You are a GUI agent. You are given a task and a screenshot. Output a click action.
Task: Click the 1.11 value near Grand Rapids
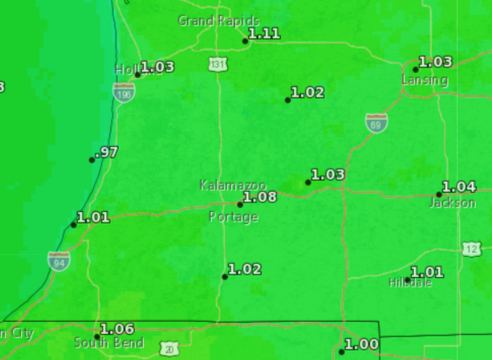pyautogui.click(x=264, y=33)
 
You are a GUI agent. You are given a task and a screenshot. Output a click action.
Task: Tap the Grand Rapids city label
pyautogui.click(x=218, y=20)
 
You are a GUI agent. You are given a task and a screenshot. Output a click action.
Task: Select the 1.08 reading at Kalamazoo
pyautogui.click(x=260, y=197)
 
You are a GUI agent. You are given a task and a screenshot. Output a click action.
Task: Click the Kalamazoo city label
pyautogui.click(x=233, y=185)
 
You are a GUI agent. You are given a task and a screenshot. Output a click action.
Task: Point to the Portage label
pyautogui.click(x=233, y=217)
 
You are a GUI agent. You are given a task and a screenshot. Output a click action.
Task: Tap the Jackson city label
pyautogui.click(x=452, y=202)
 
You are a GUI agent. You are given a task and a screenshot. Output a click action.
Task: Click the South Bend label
pyautogui.click(x=109, y=342)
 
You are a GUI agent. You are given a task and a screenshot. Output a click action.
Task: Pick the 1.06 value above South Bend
pyautogui.click(x=117, y=328)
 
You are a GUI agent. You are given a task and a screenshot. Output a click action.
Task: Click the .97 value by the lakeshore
pyautogui.click(x=106, y=152)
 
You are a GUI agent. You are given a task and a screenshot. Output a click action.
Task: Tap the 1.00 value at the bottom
pyautogui.click(x=361, y=345)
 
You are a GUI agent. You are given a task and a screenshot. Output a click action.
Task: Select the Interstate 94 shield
pyautogui.click(x=58, y=260)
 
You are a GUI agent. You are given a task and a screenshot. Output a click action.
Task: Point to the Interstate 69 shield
pyautogui.click(x=376, y=123)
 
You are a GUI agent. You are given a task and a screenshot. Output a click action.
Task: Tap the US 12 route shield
pyautogui.click(x=473, y=249)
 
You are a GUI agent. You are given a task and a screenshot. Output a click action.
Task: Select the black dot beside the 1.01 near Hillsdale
pyautogui.click(x=408, y=280)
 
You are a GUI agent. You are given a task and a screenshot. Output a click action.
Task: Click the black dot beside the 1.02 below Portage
pyautogui.click(x=225, y=277)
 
